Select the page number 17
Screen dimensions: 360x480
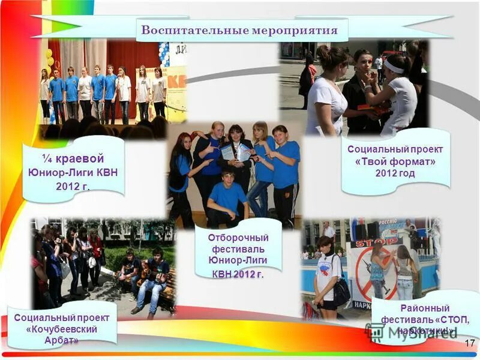(x=469, y=343)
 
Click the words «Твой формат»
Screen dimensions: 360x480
(x=395, y=161)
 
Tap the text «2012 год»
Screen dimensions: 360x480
(x=395, y=173)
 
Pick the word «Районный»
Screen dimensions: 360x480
(x=424, y=308)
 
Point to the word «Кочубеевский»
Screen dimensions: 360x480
(x=62, y=329)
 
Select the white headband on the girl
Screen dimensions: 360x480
(x=394, y=67)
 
